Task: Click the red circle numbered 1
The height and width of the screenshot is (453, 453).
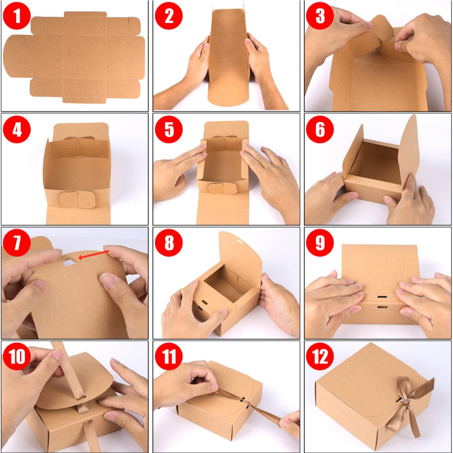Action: click(17, 16)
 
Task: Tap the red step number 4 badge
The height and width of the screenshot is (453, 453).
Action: click(17, 130)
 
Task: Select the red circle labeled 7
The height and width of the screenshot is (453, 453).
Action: click(17, 243)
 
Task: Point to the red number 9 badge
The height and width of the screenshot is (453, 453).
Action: click(320, 243)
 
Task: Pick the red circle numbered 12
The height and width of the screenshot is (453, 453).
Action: click(320, 356)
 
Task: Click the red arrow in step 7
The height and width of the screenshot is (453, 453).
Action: click(94, 254)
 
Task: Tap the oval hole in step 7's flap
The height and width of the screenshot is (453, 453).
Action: click(69, 262)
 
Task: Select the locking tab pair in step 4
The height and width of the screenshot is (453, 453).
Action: click(78, 200)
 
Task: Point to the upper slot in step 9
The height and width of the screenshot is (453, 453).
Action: click(382, 297)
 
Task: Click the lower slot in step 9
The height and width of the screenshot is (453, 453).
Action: click(382, 306)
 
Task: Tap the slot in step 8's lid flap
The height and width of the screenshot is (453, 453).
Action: click(240, 240)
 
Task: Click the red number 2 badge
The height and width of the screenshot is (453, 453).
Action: click(169, 16)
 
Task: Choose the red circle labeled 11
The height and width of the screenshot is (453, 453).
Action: click(169, 356)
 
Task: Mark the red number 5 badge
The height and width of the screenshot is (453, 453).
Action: click(169, 130)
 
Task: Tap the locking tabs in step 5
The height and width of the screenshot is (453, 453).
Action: click(222, 188)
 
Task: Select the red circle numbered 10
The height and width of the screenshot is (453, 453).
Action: click(17, 356)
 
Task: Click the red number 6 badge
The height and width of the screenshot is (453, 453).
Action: click(320, 130)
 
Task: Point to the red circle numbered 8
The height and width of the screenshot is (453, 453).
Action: click(169, 243)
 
